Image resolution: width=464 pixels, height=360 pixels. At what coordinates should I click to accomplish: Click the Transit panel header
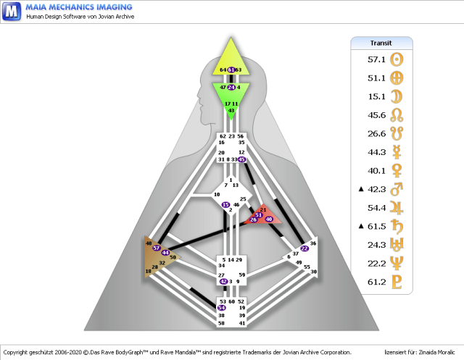point(381,43)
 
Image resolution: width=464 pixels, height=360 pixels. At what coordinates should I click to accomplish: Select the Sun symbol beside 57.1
point(397,59)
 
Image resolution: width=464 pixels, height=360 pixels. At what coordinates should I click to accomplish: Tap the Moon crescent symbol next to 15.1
point(397,96)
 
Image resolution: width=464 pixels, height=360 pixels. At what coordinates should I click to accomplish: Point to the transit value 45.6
point(376,115)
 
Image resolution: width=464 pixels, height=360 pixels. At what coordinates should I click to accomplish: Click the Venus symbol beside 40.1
point(397,171)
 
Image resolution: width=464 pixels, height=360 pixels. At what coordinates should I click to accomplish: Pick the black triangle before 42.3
point(361,190)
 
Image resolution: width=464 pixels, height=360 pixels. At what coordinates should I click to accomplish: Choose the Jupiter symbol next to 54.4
point(397,208)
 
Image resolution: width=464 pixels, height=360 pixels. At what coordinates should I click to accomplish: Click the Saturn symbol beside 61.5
point(397,227)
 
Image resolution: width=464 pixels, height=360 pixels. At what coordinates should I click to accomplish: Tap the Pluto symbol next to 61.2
point(397,282)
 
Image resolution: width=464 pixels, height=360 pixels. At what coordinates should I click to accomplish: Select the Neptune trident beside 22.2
point(397,264)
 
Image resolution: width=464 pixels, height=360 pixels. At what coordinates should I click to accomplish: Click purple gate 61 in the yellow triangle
point(231,70)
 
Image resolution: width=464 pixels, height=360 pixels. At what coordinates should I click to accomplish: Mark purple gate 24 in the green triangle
point(231,87)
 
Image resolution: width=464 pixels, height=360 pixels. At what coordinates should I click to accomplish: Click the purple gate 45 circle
point(241,159)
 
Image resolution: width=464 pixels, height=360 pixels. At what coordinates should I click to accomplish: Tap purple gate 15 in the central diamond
point(225,205)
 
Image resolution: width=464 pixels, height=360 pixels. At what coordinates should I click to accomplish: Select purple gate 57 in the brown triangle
point(157,248)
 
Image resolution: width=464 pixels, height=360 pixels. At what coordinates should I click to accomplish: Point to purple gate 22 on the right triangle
point(304,248)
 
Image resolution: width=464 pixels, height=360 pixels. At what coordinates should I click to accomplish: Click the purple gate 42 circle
point(223,281)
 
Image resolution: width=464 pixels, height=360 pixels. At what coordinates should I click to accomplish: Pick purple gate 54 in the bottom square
point(221,308)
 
